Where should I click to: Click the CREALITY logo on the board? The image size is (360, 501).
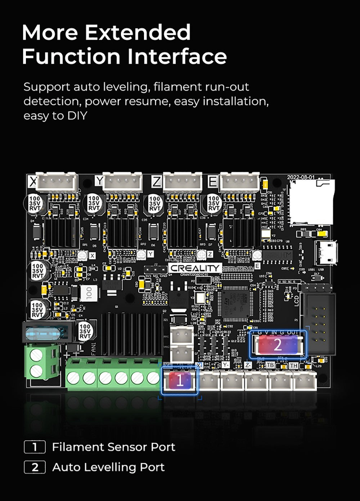[195, 268]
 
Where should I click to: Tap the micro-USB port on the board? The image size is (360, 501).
[326, 252]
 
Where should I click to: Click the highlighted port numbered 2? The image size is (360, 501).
[278, 345]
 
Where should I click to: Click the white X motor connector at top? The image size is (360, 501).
[57, 182]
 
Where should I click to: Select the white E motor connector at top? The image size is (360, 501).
[239, 182]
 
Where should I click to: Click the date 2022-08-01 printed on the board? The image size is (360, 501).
[301, 177]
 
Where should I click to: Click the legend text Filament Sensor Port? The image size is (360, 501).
[113, 447]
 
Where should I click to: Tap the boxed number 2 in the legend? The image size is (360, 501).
[35, 467]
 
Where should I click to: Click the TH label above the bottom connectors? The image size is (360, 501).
[294, 365]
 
